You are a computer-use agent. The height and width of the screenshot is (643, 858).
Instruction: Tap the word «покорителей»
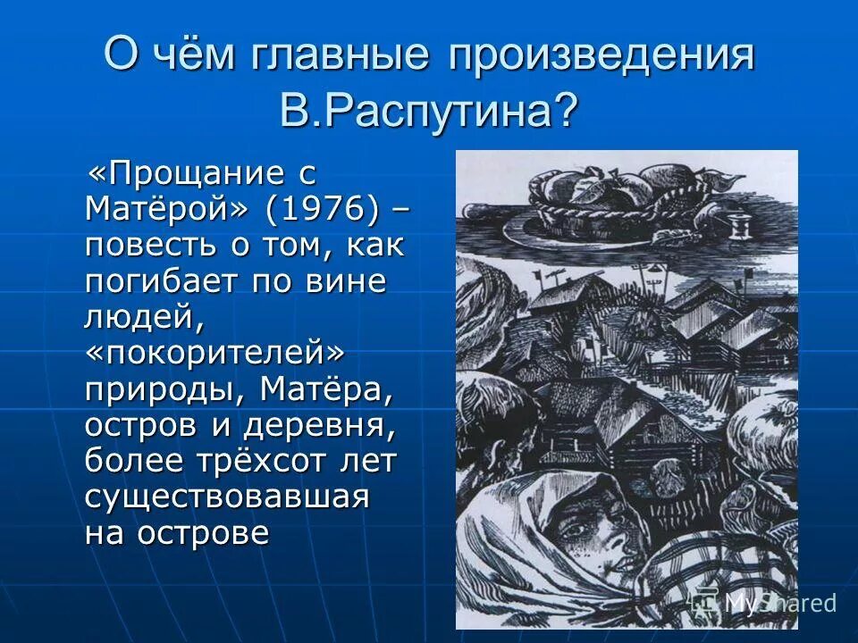pyautogui.click(x=215, y=352)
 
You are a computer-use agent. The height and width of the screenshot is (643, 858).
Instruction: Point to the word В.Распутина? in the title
pyautogui.click(x=428, y=109)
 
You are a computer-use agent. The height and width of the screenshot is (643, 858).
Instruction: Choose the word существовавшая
pyautogui.click(x=227, y=497)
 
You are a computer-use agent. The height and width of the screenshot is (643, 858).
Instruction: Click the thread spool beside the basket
pyautogui.click(x=740, y=222)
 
